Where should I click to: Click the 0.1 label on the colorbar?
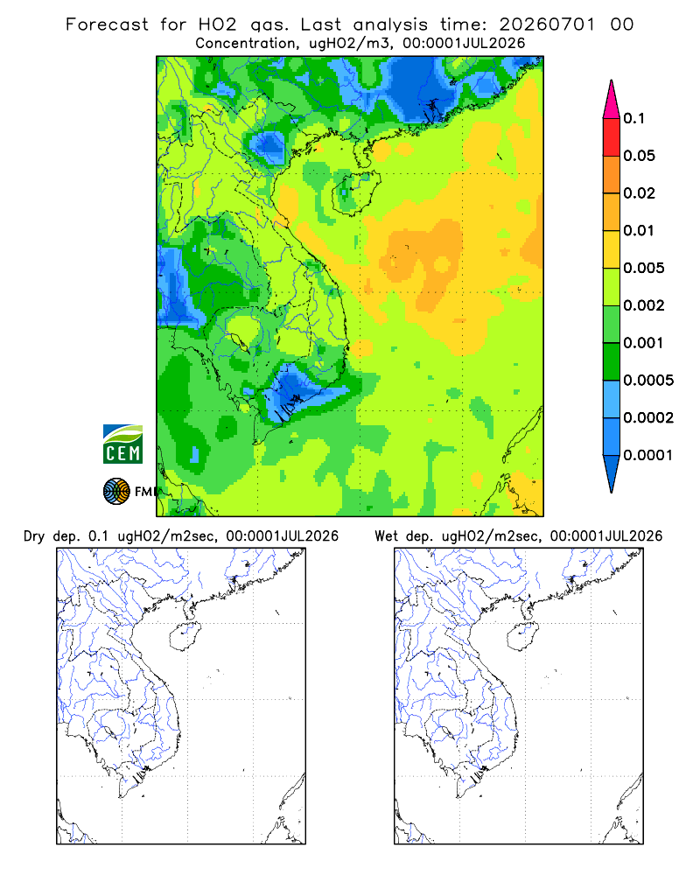coord(633,118)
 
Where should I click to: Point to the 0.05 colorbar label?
coord(639,156)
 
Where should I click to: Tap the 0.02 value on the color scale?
coord(639,193)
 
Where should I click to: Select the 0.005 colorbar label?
coord(644,268)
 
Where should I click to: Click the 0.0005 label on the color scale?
coord(648,380)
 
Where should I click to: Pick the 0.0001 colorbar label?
coord(648,455)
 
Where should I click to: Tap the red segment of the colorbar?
coord(612,136)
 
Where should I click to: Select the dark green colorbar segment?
coord(612,361)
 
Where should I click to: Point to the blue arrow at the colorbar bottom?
coord(612,472)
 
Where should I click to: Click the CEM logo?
coord(122,444)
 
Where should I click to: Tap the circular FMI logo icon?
coord(116,491)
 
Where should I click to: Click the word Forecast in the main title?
coord(107,24)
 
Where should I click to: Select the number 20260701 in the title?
coord(547,24)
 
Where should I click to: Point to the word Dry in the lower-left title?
coord(33,536)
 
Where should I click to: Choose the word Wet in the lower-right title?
coord(386,536)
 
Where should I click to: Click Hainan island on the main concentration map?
coord(355,192)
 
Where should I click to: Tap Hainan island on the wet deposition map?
coord(522,635)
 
